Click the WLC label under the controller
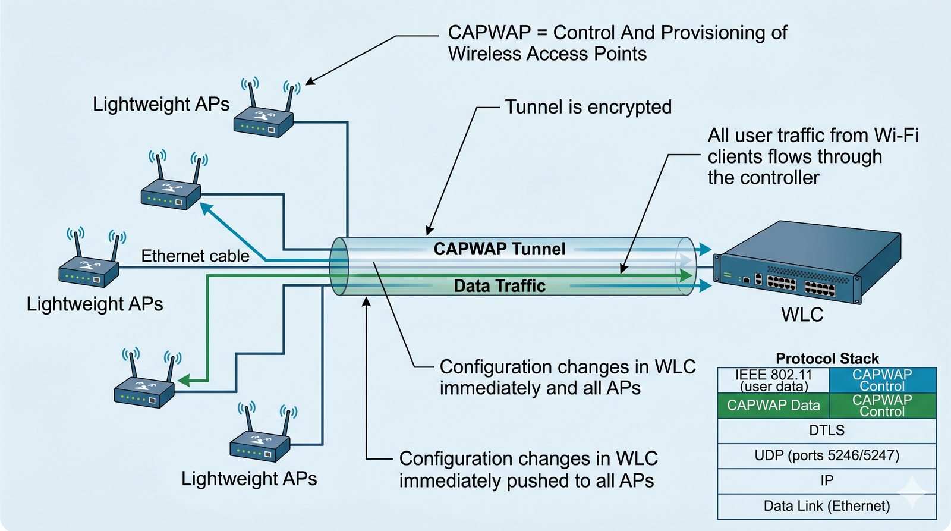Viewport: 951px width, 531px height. coord(802,315)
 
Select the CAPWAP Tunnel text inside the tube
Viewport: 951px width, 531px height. coord(499,249)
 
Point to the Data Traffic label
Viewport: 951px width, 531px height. coord(499,286)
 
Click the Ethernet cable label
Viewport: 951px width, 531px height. coord(195,256)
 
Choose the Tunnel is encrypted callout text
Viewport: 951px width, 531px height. coord(588,107)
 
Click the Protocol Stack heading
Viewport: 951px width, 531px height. coord(827,359)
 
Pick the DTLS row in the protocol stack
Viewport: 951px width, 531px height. coord(827,431)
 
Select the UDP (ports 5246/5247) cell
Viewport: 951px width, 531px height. coord(827,455)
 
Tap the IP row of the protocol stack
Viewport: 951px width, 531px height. coord(827,480)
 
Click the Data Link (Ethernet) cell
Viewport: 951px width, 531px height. coord(827,506)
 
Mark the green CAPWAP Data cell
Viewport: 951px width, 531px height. coord(773,406)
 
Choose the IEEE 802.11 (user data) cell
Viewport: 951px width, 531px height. coord(773,381)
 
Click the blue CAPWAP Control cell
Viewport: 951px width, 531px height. coord(882,380)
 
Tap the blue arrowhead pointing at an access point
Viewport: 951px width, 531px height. coord(206,209)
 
